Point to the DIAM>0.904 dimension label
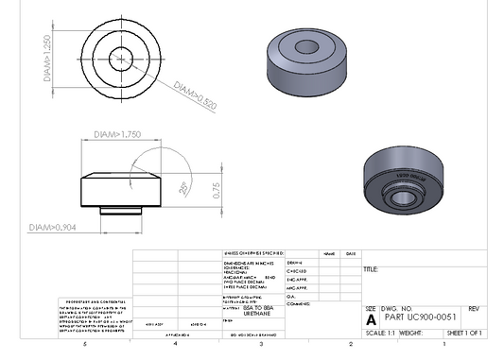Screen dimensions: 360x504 point(53,228)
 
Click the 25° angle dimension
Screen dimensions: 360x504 point(182,187)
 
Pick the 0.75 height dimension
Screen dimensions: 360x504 point(217,189)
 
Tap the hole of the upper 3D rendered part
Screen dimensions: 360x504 point(306,46)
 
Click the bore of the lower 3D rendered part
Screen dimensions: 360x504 point(402,199)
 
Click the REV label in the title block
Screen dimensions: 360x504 point(474,309)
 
